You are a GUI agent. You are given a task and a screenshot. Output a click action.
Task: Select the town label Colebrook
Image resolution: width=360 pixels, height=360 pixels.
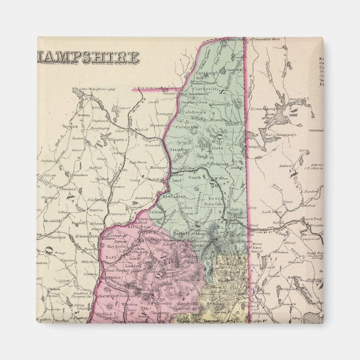[194, 111]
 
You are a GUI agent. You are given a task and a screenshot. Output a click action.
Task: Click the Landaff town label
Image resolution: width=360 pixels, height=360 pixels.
[133, 267]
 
